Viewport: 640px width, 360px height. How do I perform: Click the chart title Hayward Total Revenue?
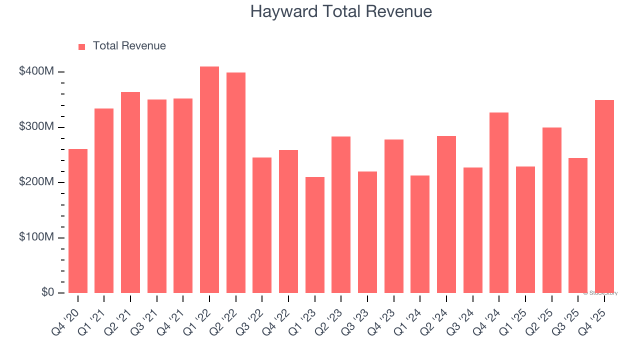[341, 11]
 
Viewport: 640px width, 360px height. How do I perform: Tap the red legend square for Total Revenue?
[82, 46]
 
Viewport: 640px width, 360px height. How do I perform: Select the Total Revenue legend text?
[129, 46]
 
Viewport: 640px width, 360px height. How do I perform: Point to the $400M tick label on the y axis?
[36, 71]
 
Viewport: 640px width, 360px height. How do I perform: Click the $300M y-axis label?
[36, 127]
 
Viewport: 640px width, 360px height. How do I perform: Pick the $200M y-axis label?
[36, 182]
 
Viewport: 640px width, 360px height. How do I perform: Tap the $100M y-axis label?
[36, 237]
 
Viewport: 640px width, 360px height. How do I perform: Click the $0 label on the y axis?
[47, 292]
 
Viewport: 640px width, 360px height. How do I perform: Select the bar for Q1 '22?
[209, 180]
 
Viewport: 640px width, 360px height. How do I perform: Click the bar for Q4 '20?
[78, 221]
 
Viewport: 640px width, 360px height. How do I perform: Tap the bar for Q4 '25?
[604, 196]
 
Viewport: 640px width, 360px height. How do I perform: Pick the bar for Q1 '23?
[315, 235]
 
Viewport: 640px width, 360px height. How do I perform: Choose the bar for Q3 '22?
[262, 225]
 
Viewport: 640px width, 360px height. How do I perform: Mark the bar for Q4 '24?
[499, 202]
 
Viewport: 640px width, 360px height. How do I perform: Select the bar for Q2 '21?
[130, 192]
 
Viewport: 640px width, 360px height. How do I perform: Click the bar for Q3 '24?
[472, 230]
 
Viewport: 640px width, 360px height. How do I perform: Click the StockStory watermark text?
[600, 293]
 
